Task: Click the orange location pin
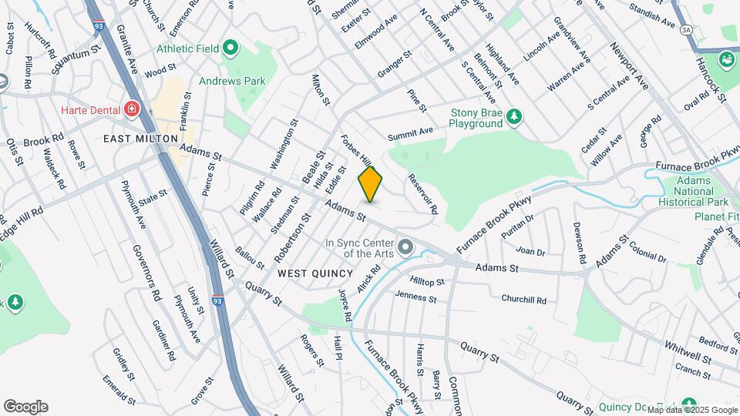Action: point(371,184)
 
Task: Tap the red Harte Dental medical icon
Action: point(132,110)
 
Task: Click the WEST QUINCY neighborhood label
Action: point(314,273)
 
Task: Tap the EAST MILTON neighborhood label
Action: point(136,139)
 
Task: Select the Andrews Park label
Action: point(231,81)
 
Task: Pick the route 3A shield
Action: point(685,29)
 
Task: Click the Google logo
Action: point(25,407)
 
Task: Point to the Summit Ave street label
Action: point(411,136)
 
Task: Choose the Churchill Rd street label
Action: point(523,300)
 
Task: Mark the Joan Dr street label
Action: point(530,252)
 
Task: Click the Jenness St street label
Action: point(416,297)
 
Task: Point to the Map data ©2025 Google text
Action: point(692,410)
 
